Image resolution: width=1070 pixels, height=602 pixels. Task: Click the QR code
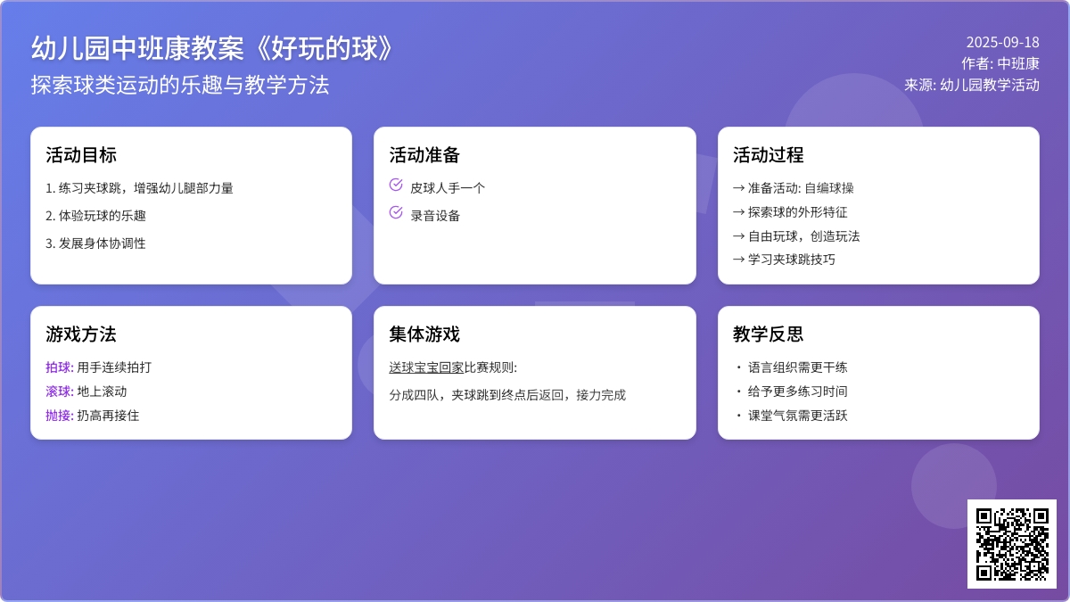tap(1012, 544)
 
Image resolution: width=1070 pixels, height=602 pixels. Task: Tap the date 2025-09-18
tap(1002, 43)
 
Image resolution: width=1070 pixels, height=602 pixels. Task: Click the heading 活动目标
tap(81, 155)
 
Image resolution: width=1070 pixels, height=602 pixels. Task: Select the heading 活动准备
tap(424, 155)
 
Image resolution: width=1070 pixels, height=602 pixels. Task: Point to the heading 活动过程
tap(768, 155)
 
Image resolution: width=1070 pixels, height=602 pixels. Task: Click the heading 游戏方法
tap(81, 334)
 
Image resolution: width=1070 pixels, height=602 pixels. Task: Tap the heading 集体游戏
tap(424, 334)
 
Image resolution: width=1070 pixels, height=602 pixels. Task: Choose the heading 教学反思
tap(768, 334)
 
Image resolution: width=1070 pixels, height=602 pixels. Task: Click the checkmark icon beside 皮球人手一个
tap(396, 185)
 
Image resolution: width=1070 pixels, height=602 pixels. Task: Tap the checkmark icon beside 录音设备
tap(396, 212)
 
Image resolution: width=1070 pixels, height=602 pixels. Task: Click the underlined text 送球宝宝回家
tap(426, 367)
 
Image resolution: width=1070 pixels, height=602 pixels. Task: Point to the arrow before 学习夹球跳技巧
tap(738, 260)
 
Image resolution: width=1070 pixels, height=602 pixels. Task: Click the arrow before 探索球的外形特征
tap(738, 211)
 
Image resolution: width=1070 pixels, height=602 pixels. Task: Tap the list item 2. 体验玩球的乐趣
tap(95, 216)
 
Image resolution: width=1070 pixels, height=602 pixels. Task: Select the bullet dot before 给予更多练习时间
tap(739, 392)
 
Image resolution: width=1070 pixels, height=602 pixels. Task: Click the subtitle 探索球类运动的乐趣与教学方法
tap(180, 85)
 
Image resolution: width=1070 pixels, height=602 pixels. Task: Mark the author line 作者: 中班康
tap(1000, 63)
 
